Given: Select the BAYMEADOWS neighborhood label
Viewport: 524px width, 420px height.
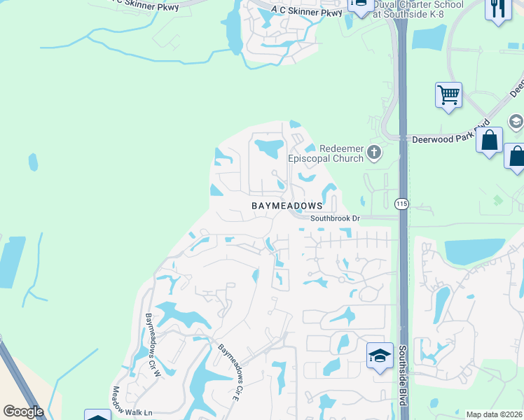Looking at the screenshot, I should pyautogui.click(x=287, y=206).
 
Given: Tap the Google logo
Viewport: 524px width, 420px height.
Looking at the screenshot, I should pyautogui.click(x=23, y=412).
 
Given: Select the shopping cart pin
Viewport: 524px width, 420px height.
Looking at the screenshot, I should pyautogui.click(x=448, y=94).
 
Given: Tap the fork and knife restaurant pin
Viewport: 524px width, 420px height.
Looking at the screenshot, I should pyautogui.click(x=498, y=9).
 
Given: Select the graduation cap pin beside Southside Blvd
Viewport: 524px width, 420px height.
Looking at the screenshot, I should pyautogui.click(x=379, y=356).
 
